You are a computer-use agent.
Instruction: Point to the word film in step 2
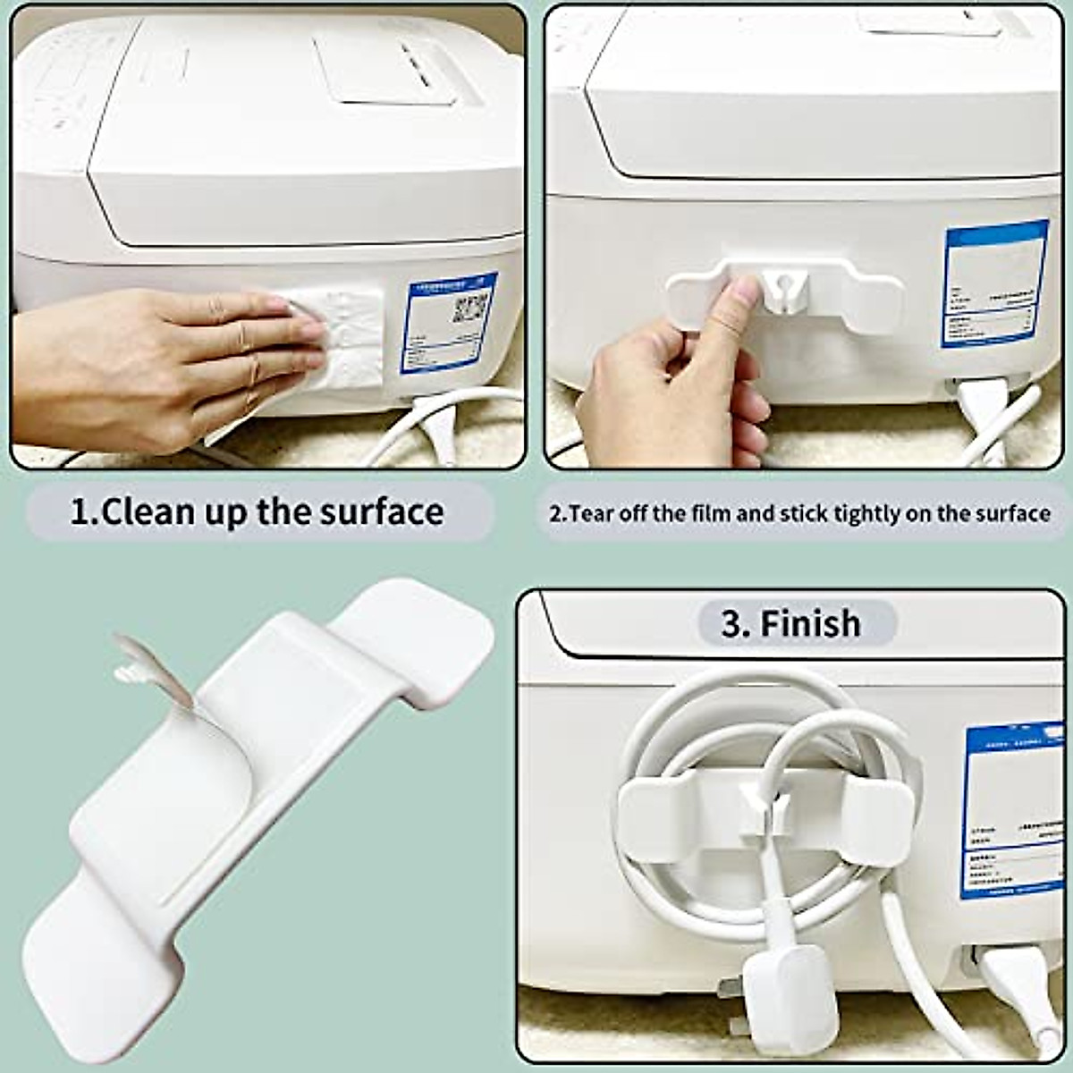[709, 514]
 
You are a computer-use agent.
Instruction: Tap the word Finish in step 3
[810, 623]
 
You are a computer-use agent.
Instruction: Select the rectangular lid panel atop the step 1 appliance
[393, 67]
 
